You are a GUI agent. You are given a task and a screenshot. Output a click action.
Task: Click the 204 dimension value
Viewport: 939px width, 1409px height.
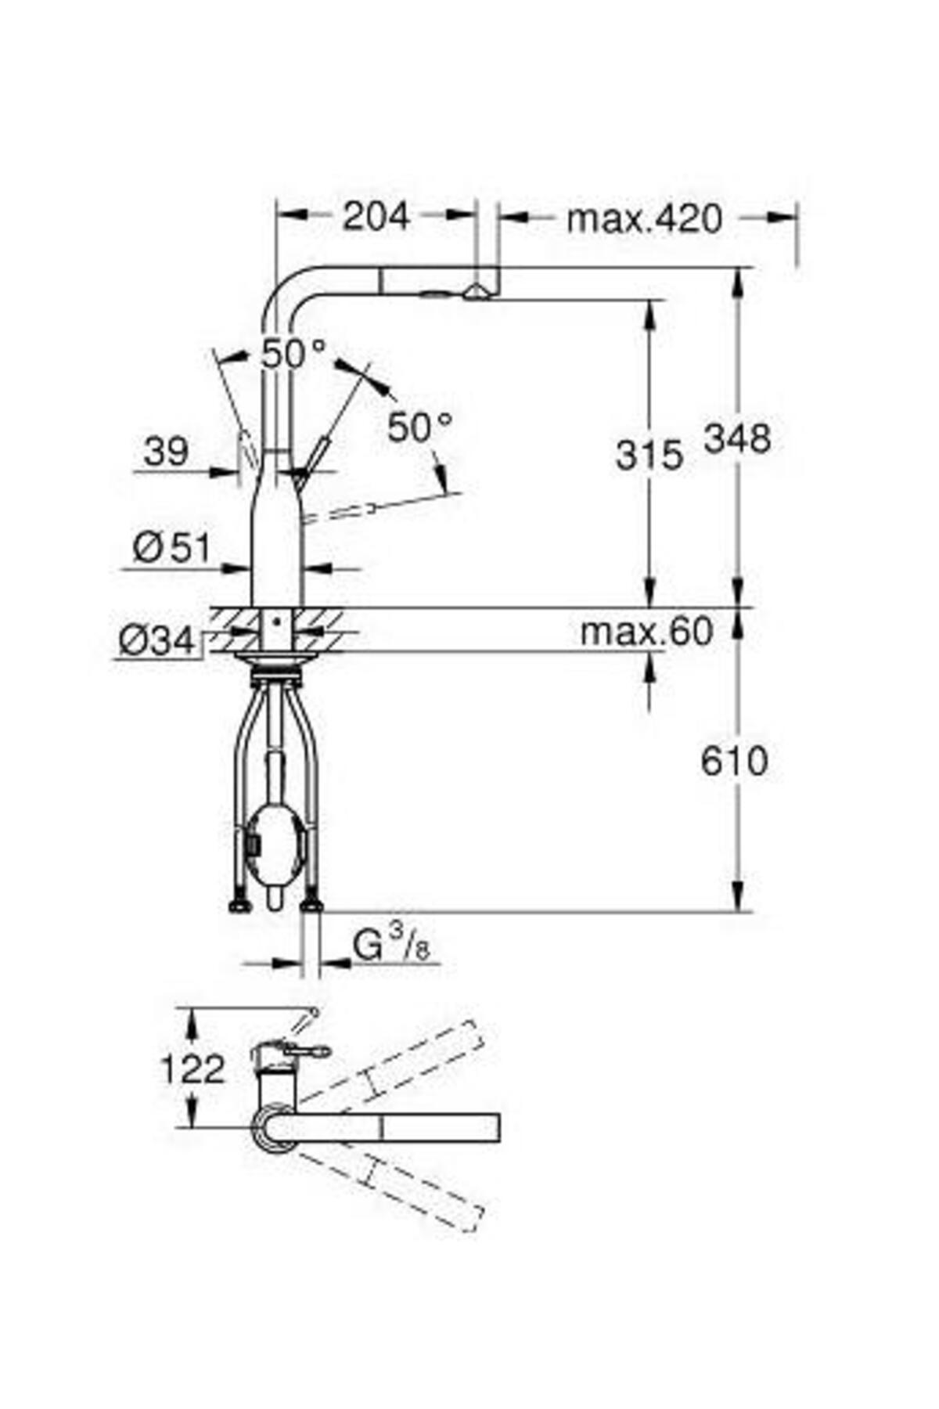click(376, 217)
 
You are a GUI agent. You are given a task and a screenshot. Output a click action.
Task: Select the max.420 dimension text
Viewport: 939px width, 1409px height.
click(643, 219)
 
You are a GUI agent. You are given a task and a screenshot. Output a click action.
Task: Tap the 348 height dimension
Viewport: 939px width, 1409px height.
click(737, 438)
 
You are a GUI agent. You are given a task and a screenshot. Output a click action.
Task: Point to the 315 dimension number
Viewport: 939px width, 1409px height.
click(649, 455)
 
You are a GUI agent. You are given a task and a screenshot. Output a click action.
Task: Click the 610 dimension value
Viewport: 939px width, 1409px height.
click(734, 761)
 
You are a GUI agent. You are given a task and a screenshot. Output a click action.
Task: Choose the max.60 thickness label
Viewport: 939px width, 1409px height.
click(646, 631)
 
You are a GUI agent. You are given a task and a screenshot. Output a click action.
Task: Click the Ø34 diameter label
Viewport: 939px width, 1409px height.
click(156, 642)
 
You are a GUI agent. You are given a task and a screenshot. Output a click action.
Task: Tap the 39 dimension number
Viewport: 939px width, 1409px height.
click(166, 451)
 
